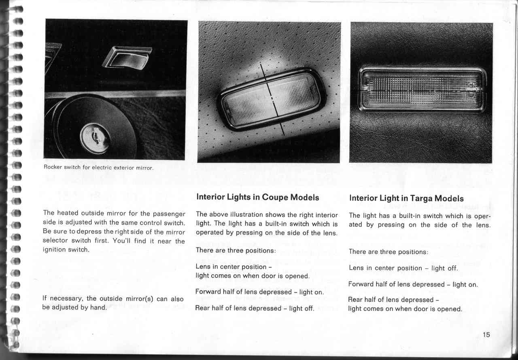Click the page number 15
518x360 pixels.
(486, 334)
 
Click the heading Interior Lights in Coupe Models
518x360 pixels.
(257, 197)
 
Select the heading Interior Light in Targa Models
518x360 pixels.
(406, 198)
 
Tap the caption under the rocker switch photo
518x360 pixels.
(98, 168)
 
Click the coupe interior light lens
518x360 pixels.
(270, 99)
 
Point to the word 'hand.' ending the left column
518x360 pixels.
(99, 307)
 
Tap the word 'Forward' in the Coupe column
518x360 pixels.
(209, 292)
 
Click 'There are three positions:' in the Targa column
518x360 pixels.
(388, 252)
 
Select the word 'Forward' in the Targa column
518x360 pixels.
(363, 284)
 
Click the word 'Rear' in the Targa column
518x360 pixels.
(356, 300)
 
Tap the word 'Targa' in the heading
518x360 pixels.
(421, 198)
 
